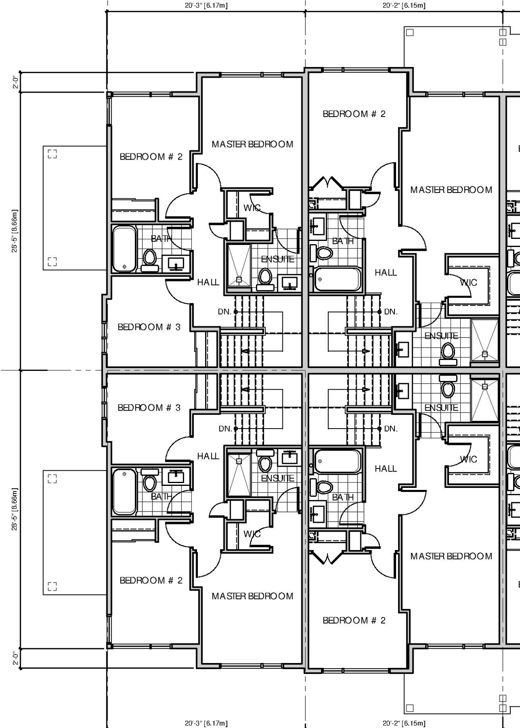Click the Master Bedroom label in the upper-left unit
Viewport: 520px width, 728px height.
252,144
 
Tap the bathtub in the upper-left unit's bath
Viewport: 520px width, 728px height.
124,249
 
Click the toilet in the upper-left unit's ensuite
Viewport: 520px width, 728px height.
265,277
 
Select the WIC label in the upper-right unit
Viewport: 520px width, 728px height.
468,282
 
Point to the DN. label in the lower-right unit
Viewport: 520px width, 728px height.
391,429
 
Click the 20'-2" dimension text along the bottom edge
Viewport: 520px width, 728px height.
404,723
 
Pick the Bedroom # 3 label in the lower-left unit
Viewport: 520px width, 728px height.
149,407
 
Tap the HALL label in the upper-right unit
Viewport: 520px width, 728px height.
386,273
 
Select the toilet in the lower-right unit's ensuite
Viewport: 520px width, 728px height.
448,387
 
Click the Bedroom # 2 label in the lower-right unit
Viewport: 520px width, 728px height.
354,620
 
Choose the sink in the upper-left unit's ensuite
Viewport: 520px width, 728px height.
289,283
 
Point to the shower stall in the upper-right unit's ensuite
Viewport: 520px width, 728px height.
484,340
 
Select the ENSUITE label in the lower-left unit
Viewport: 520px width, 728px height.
277,478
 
